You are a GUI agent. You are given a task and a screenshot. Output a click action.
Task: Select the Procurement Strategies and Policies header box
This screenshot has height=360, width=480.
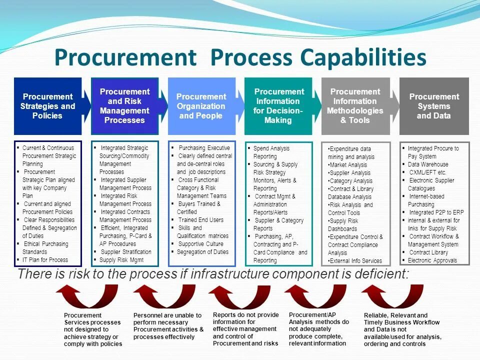[x=47, y=106]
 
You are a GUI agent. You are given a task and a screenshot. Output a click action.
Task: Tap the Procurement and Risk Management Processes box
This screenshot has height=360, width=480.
[x=124, y=106]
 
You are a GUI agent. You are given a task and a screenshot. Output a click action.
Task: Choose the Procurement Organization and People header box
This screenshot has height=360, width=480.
[x=201, y=106]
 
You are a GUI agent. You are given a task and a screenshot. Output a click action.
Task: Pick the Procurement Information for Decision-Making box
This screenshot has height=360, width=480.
[x=278, y=106]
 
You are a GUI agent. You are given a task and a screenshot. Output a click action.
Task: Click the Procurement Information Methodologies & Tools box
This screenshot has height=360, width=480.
[x=355, y=106]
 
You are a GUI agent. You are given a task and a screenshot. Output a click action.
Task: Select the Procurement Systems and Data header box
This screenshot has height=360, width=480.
[x=433, y=106]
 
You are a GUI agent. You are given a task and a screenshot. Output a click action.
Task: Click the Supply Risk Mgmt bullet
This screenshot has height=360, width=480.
[x=121, y=260]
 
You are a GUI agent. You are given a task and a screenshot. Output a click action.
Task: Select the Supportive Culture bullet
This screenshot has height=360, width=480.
[x=200, y=244]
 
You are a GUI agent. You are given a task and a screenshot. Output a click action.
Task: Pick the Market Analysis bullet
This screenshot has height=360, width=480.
[x=348, y=165]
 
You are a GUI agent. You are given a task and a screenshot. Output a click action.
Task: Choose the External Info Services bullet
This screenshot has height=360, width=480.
[x=356, y=260]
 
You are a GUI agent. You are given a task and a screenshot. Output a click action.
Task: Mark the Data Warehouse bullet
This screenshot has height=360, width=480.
[x=428, y=164]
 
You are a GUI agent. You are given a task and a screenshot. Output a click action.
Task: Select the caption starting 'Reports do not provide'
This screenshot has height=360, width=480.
[x=245, y=329]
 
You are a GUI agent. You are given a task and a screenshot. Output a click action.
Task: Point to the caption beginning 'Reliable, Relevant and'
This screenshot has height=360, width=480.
[x=402, y=329]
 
